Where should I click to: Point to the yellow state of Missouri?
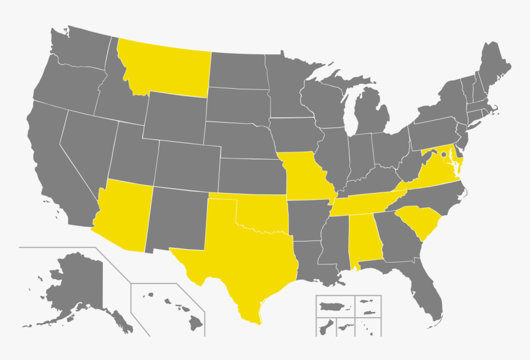pos(305,176)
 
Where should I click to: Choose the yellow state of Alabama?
pos(364,240)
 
